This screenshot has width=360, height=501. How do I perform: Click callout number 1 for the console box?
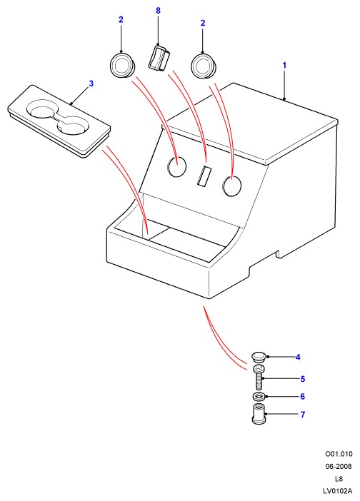tap(284, 66)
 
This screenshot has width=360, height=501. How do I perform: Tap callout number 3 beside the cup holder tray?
tap(91, 83)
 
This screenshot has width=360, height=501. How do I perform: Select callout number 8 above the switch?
tap(158, 11)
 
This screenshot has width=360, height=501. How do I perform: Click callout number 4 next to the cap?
tap(298, 358)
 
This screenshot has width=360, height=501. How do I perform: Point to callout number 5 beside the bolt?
tap(303, 379)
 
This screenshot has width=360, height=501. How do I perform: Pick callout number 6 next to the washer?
tap(302, 397)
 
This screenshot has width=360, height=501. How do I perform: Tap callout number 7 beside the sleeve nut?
tap(303, 415)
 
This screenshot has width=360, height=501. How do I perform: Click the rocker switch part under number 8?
tap(159, 59)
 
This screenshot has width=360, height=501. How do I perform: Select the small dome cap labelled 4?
tap(259, 357)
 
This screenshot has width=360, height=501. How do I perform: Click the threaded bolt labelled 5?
tap(259, 377)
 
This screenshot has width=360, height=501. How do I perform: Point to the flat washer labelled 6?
tap(259, 397)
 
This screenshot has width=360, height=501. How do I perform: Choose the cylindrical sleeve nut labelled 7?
tap(259, 414)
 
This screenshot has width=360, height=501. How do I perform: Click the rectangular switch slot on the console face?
tap(204, 176)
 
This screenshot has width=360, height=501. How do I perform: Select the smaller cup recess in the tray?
tap(72, 126)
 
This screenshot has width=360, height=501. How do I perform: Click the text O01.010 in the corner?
tap(339, 454)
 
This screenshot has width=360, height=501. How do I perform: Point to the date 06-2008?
tap(339, 467)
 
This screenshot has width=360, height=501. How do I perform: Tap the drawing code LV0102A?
tap(337, 491)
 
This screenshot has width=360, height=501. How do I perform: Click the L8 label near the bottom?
tap(339, 479)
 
